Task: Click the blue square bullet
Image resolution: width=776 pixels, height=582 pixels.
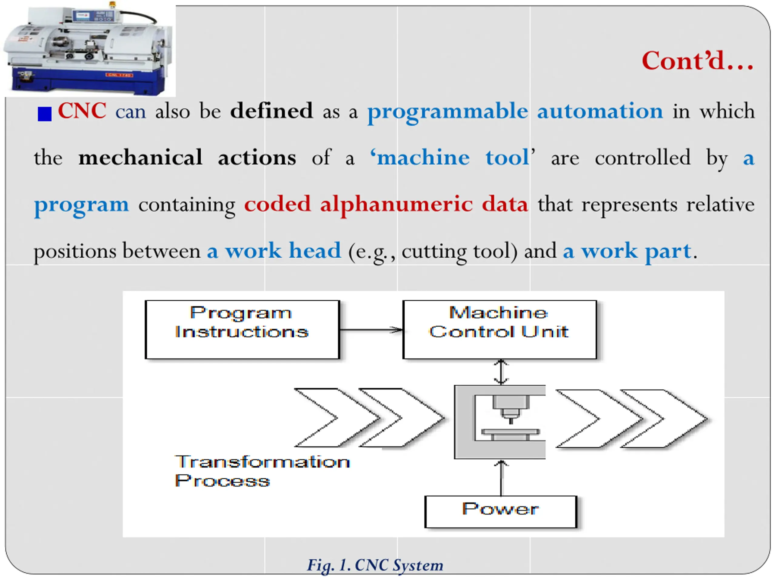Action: point(45,114)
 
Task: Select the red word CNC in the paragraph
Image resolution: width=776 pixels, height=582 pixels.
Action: point(82,111)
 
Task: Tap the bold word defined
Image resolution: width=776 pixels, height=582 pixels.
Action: point(271,111)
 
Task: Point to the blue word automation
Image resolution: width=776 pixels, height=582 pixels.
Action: point(600,111)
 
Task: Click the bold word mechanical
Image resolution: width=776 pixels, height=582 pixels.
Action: point(140,158)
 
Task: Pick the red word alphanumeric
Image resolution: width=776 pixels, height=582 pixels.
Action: point(396,205)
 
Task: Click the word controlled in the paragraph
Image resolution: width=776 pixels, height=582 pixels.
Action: point(642,158)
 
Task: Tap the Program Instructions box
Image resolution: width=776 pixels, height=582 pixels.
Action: point(242,329)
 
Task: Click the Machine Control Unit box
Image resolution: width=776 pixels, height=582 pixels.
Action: point(500,329)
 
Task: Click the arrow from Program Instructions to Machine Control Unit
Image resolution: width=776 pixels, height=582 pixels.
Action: point(371,330)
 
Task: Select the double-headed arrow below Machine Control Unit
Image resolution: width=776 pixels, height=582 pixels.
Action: point(501,372)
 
